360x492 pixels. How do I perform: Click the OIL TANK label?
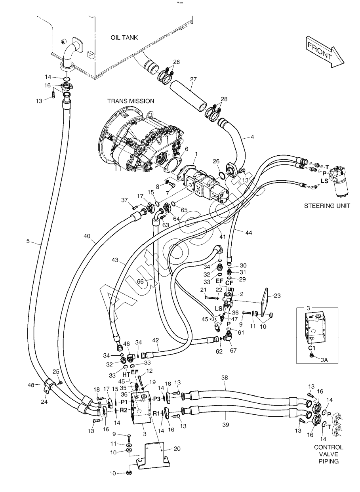(124, 38)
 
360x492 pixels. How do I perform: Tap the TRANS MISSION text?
(131, 101)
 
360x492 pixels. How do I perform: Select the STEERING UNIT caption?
(327, 206)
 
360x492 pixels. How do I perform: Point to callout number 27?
(193, 79)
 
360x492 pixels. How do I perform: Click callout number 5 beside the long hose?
(28, 241)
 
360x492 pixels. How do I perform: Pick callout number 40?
(87, 236)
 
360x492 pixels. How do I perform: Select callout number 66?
(140, 281)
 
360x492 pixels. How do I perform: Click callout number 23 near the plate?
(277, 296)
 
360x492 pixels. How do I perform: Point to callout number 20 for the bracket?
(177, 448)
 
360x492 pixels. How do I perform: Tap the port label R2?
(123, 410)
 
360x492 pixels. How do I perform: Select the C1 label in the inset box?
(312, 348)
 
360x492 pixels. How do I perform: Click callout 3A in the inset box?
(324, 360)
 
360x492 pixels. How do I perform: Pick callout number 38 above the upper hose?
(225, 378)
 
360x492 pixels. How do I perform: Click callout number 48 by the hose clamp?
(32, 384)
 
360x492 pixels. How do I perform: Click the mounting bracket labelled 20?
(154, 455)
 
